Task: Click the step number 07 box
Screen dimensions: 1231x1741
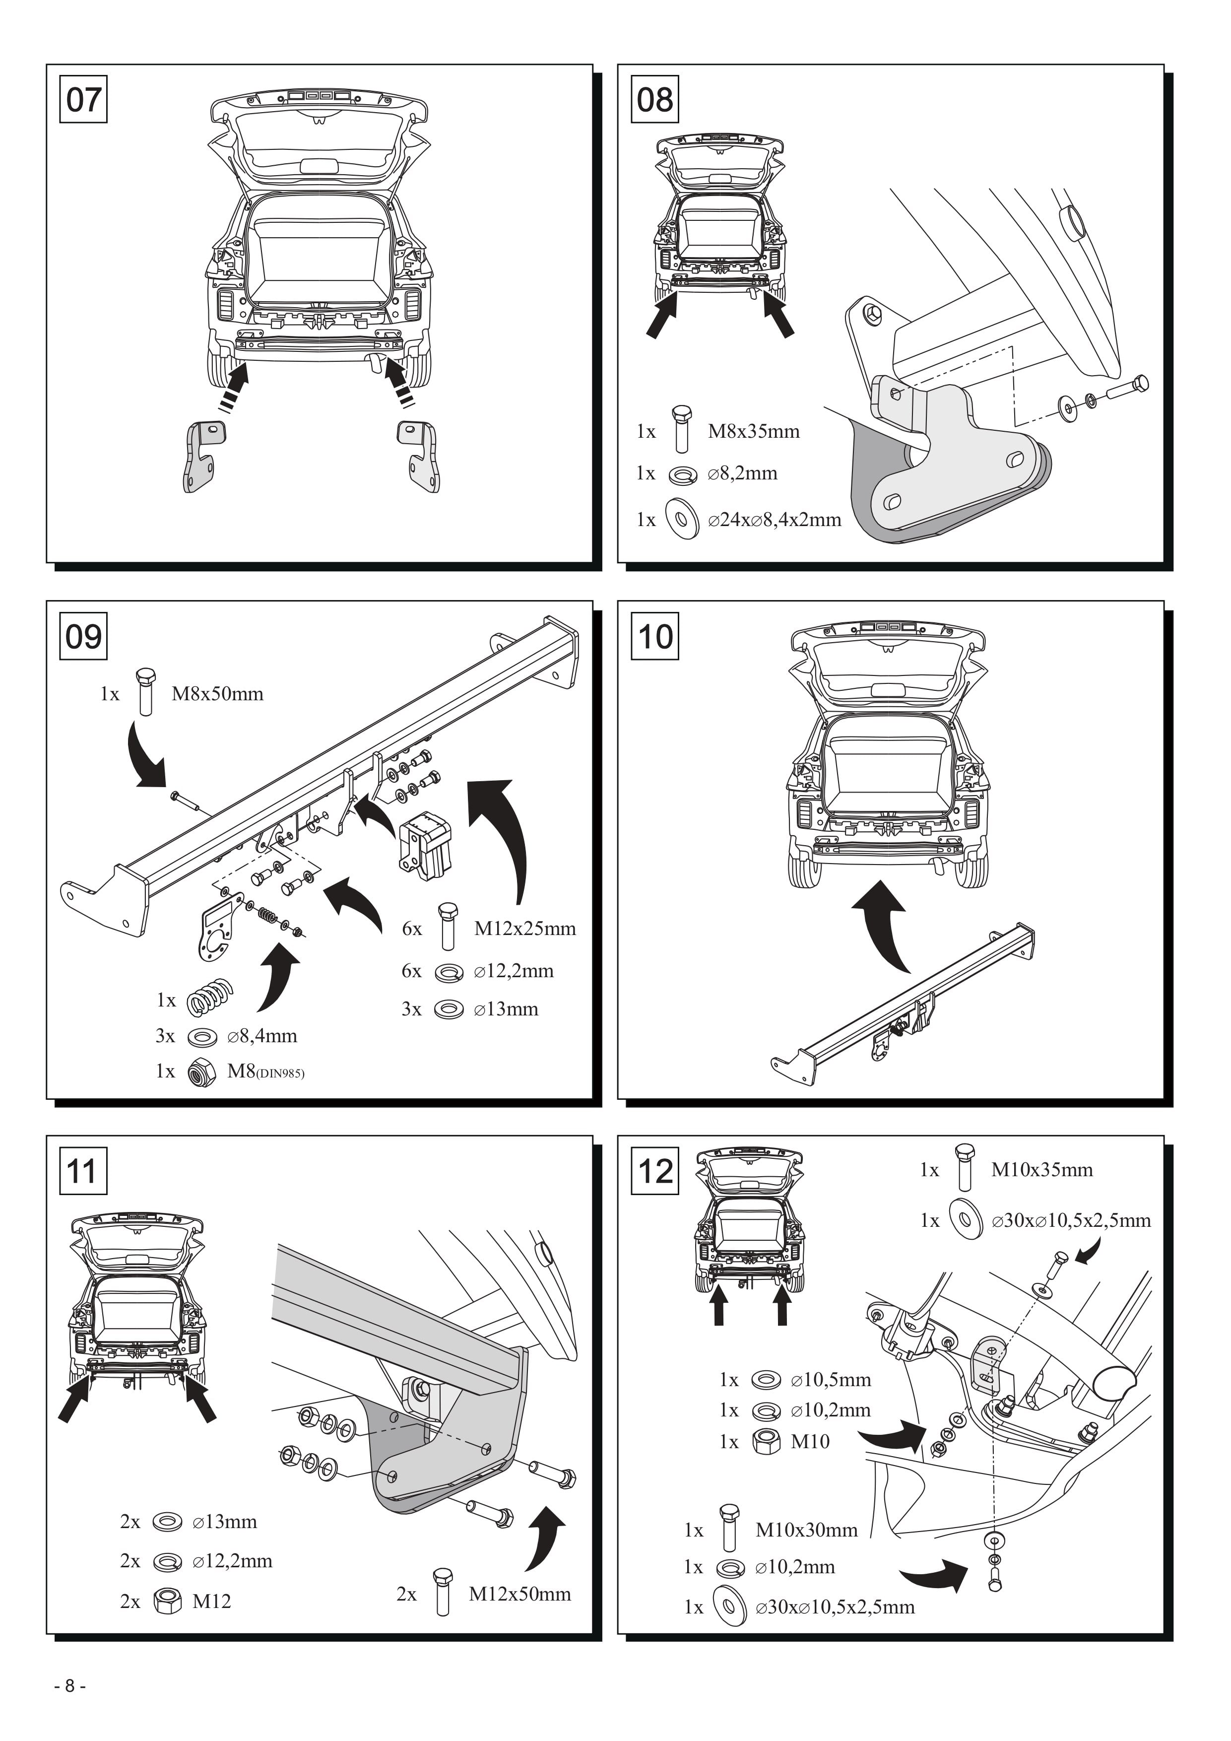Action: pyautogui.click(x=83, y=99)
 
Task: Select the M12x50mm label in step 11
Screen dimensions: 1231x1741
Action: pyautogui.click(x=520, y=1594)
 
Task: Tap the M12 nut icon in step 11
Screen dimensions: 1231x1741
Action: pyautogui.click(x=168, y=1602)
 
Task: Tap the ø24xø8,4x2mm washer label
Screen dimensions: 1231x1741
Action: pyautogui.click(x=775, y=520)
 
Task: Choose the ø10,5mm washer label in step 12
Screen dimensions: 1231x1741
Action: pyautogui.click(x=831, y=1380)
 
